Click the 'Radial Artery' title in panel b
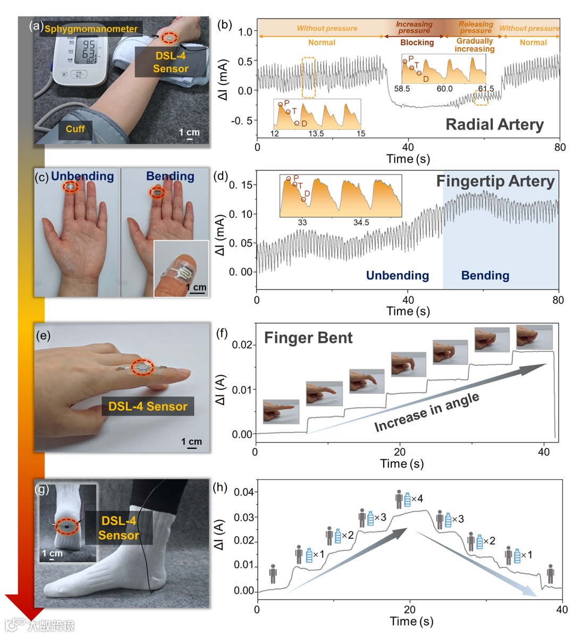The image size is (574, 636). pyautogui.click(x=494, y=124)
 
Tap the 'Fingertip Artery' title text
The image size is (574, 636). pyautogui.click(x=495, y=181)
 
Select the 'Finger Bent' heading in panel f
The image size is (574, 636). pyautogui.click(x=308, y=338)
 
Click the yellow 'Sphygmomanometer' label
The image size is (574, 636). pyautogui.click(x=91, y=29)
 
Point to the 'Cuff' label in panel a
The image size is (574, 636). pyautogui.click(x=75, y=129)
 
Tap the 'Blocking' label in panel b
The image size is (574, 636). pyautogui.click(x=417, y=43)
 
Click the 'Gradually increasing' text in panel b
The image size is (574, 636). pyautogui.click(x=474, y=45)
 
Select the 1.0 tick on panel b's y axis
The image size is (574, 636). pyautogui.click(x=245, y=32)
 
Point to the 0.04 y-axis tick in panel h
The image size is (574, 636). pyautogui.click(x=244, y=492)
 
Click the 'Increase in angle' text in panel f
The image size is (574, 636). pyautogui.click(x=427, y=412)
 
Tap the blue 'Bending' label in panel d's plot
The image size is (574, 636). pyautogui.click(x=485, y=275)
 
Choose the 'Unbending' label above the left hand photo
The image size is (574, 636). pyautogui.click(x=82, y=176)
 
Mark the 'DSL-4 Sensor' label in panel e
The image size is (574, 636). pyautogui.click(x=148, y=406)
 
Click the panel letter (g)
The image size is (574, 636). pyautogui.click(x=42, y=488)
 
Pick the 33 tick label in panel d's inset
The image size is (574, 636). pyautogui.click(x=302, y=223)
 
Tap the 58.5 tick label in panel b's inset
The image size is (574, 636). pyautogui.click(x=402, y=89)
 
